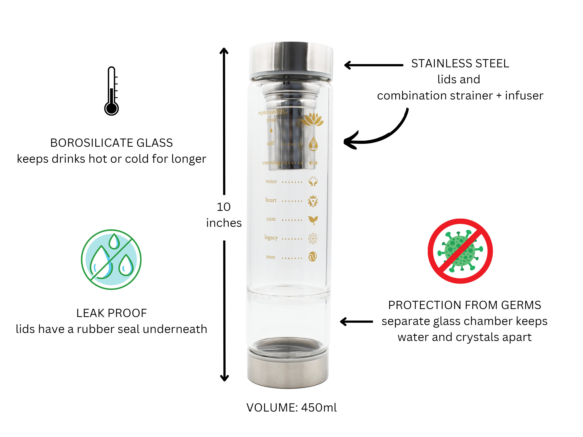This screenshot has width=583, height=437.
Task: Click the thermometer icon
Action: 111,91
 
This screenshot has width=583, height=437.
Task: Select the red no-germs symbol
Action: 460,251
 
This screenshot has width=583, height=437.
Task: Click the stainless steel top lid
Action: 291,61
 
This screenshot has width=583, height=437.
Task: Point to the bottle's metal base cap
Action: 288,369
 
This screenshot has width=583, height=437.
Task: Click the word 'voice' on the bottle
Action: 271,181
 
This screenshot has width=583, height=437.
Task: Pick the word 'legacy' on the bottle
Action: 271,238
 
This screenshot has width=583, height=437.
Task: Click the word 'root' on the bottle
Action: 271,257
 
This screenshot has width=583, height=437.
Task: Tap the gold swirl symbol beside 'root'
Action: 313,257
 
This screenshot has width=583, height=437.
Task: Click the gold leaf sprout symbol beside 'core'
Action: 313,220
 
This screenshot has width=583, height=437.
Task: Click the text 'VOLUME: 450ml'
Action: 291,407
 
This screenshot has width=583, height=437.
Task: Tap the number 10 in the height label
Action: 223,207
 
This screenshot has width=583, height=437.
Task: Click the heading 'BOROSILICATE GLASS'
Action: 111,143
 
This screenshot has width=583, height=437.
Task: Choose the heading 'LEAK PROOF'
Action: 111,313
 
